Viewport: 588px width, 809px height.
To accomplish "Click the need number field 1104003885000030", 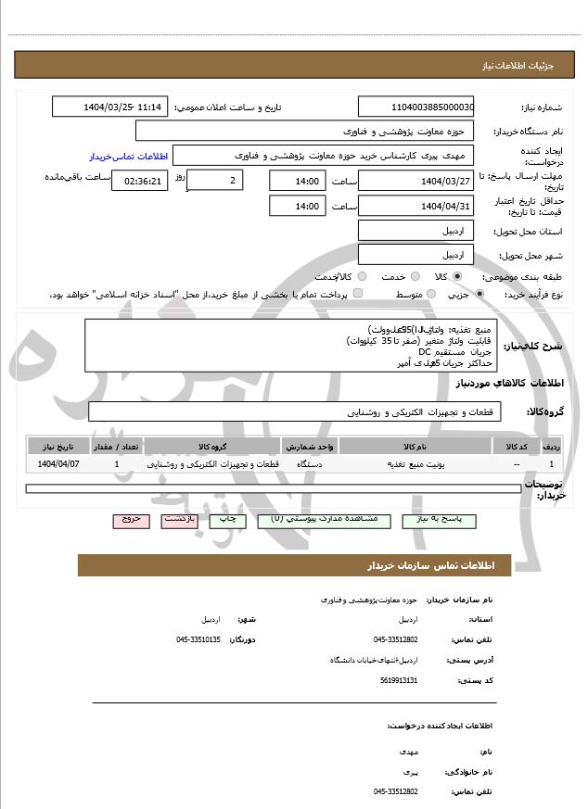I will tap(415, 107).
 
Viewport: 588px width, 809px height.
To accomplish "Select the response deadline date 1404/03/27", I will tap(415, 181).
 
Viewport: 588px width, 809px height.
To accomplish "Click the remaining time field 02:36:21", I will tap(139, 181).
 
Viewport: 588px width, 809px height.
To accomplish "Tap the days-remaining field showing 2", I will tap(215, 181).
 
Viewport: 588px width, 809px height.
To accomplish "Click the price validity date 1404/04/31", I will tap(415, 206).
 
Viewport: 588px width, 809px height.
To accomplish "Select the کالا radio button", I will tap(457, 276).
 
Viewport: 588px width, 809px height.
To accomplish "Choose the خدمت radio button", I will tap(414, 276).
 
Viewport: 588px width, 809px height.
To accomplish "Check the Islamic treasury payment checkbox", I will tap(358, 294).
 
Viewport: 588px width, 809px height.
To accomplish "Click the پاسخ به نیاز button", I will tap(438, 521).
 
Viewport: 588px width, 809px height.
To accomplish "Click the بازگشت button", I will tap(179, 521).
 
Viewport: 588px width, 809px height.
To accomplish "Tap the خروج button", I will tap(131, 521).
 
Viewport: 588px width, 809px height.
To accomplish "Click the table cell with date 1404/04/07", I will tap(58, 462).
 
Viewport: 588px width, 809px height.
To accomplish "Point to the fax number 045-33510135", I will tap(198, 639).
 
